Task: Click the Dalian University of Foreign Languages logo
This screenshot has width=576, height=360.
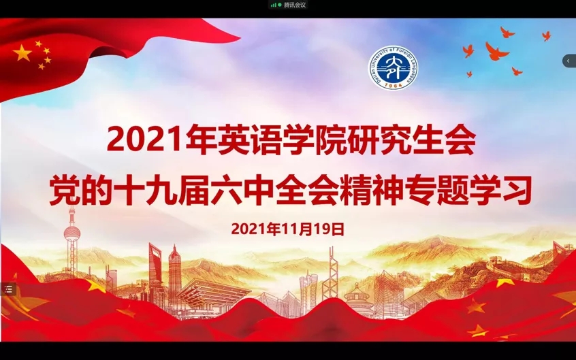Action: pos(394,67)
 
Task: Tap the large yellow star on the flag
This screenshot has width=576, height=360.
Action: pos(22,53)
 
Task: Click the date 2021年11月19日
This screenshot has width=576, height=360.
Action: pos(288,229)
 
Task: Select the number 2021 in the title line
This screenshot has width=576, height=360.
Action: pos(144,140)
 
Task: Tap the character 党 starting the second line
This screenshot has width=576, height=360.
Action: pos(65,191)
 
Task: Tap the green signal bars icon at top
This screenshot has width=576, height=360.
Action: pos(274,5)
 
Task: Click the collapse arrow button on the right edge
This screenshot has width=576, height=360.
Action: pos(569,61)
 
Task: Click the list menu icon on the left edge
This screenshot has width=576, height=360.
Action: pos(8,289)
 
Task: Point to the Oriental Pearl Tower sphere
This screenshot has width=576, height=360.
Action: pos(72,233)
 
